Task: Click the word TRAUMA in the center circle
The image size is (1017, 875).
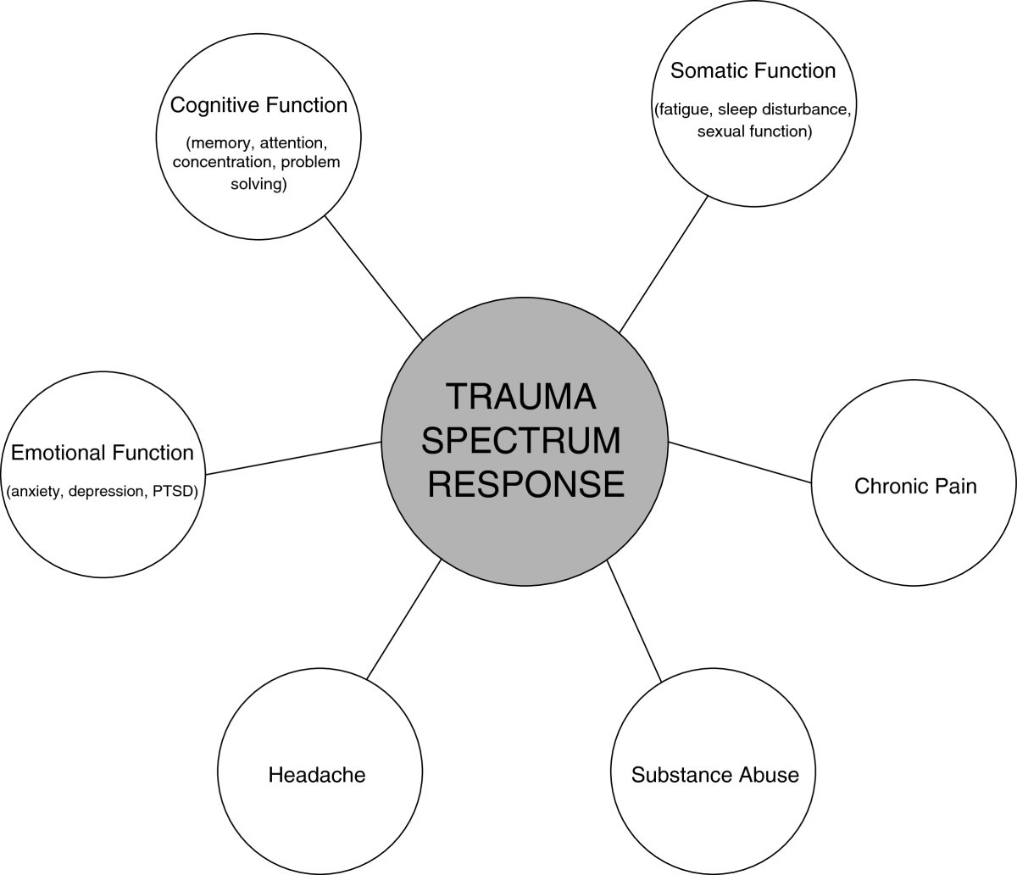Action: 522,397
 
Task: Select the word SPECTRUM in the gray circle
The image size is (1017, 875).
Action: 522,440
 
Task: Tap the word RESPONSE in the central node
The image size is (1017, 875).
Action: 525,483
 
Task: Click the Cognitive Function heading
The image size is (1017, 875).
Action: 258,105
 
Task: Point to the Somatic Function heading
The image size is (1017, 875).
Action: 753,70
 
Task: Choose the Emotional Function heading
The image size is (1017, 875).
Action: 103,453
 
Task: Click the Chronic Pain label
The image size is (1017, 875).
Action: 915,486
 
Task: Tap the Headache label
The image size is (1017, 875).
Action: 317,774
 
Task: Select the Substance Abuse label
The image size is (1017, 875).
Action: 715,774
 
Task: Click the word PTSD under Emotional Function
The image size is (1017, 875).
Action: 174,491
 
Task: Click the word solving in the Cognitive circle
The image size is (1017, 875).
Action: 258,184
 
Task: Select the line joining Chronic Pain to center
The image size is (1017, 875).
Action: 740,462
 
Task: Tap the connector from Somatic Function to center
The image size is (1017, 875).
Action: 664,264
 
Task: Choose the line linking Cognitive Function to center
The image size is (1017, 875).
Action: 373,276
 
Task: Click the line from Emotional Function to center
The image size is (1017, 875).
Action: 293,458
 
